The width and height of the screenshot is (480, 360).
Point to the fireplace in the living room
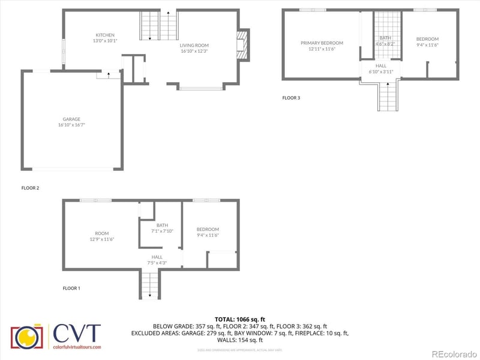pos(242,46)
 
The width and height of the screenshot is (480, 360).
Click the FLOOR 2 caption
pos(30,188)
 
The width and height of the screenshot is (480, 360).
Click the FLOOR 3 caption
pos(291,98)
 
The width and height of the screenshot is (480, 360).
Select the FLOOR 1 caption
pos(71,288)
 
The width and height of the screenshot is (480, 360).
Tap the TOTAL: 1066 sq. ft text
pos(239,319)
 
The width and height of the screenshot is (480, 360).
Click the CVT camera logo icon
pos(27,337)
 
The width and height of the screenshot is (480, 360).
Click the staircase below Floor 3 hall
pos(387,95)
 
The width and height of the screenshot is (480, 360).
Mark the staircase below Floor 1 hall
pos(150,285)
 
